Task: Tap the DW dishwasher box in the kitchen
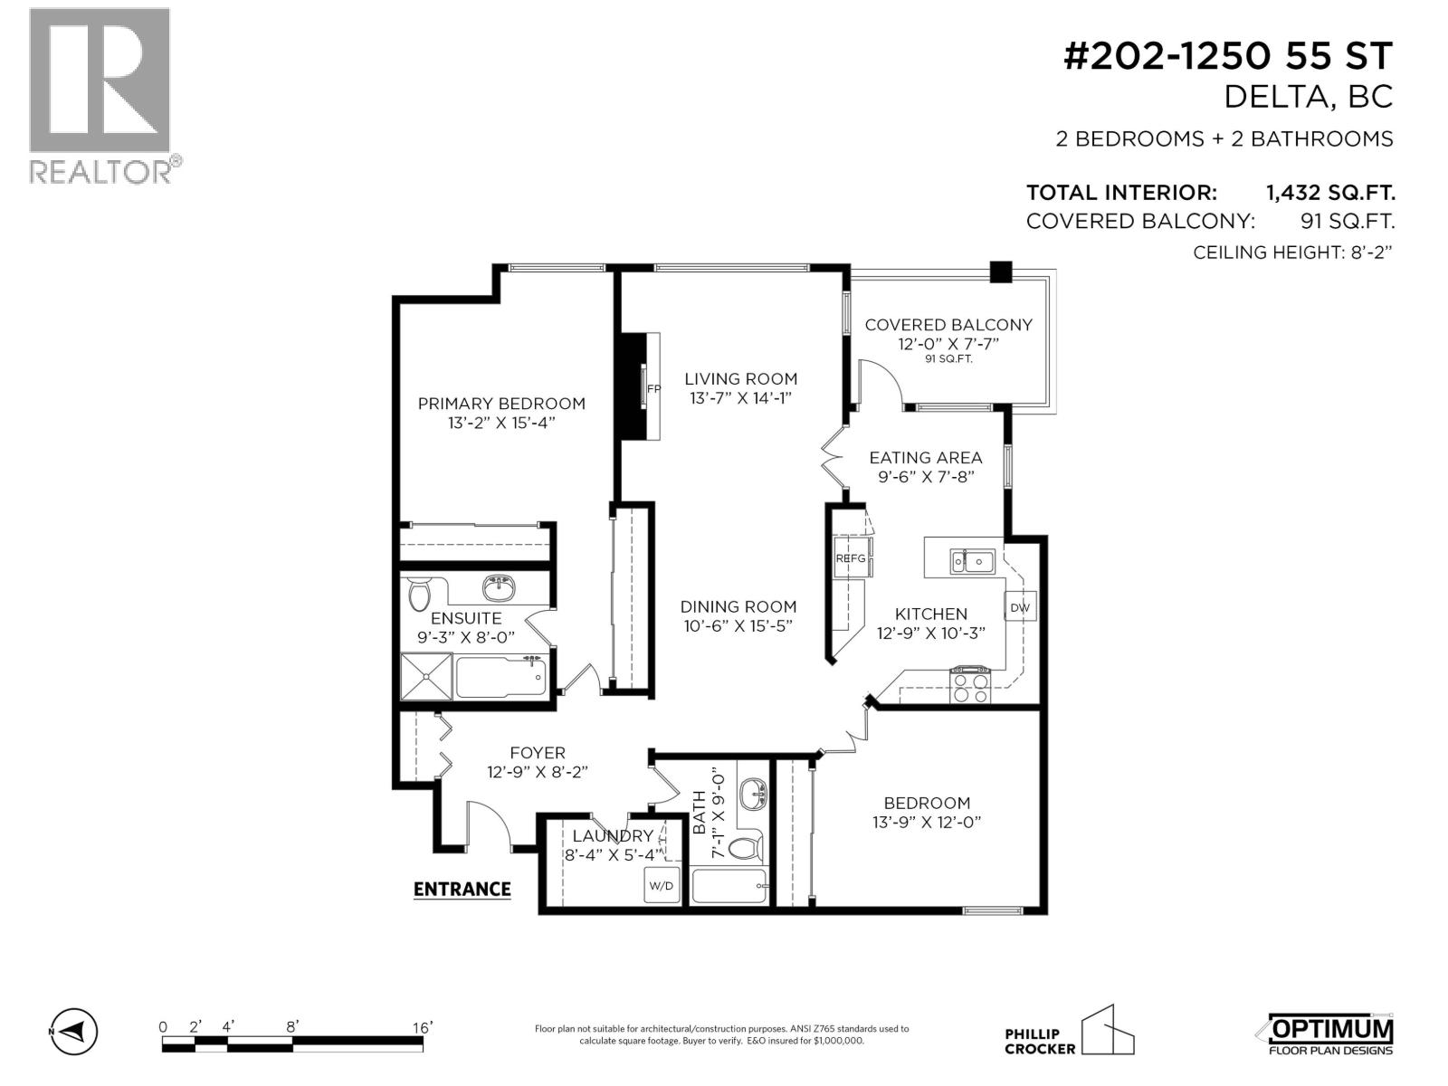pyautogui.click(x=1020, y=607)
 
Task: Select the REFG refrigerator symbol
pyautogui.click(x=851, y=558)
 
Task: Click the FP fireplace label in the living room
pyautogui.click(x=653, y=390)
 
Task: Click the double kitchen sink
pyautogui.click(x=972, y=561)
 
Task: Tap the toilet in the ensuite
pyautogui.click(x=419, y=595)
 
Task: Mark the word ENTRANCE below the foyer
pyautogui.click(x=462, y=889)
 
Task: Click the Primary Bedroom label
pyautogui.click(x=500, y=404)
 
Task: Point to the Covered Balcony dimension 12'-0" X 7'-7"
pyautogui.click(x=948, y=344)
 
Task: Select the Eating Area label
pyautogui.click(x=925, y=458)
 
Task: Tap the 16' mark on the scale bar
pyautogui.click(x=422, y=1027)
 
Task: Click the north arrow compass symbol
pyautogui.click(x=76, y=1031)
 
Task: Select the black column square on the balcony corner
pyautogui.click(x=1000, y=271)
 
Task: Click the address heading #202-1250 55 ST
pyautogui.click(x=1226, y=57)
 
